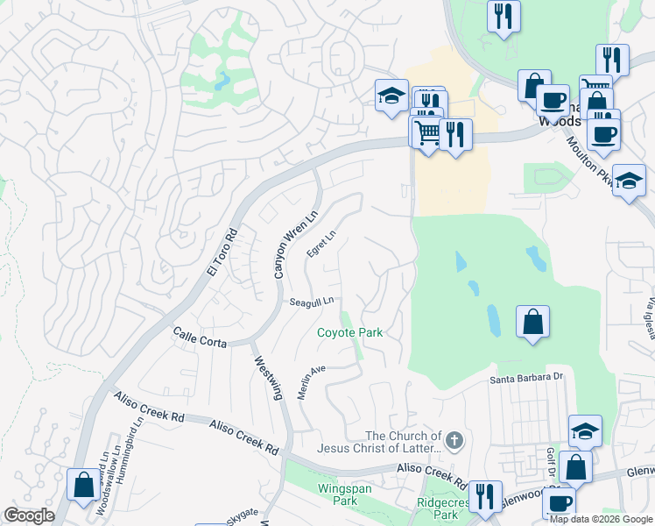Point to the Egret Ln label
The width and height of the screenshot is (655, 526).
click(x=321, y=244)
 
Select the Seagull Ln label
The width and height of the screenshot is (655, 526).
click(x=313, y=302)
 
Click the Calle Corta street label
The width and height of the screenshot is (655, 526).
click(x=200, y=338)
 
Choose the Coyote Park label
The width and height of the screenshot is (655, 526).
click(x=349, y=333)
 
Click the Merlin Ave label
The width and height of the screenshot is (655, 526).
click(x=311, y=382)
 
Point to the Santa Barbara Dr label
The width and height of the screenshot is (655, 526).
click(x=524, y=377)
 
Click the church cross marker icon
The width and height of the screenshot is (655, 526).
click(x=453, y=441)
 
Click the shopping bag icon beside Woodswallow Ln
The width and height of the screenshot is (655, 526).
click(x=83, y=484)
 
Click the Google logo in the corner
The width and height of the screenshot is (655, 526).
click(x=29, y=516)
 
